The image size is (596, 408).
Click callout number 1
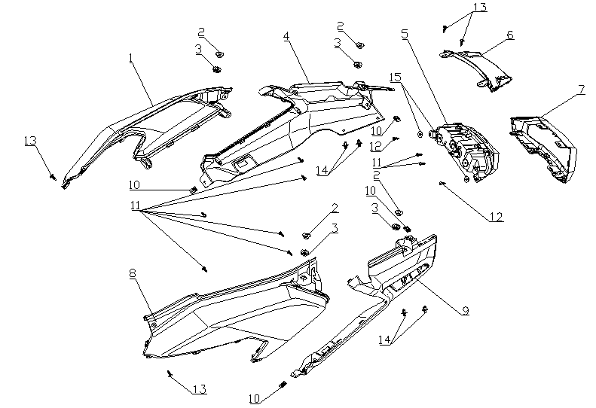[x=131, y=57]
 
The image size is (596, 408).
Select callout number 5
[x=405, y=34]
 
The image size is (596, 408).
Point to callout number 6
[x=510, y=35]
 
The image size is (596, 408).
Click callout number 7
[x=581, y=89]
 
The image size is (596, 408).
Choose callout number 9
[x=465, y=310]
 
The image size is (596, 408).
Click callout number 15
[x=396, y=77]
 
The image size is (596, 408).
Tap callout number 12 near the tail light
[x=494, y=217]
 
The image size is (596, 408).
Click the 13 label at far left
[x=30, y=141]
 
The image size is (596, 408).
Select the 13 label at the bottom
[x=199, y=389]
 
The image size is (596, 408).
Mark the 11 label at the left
[x=136, y=206]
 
